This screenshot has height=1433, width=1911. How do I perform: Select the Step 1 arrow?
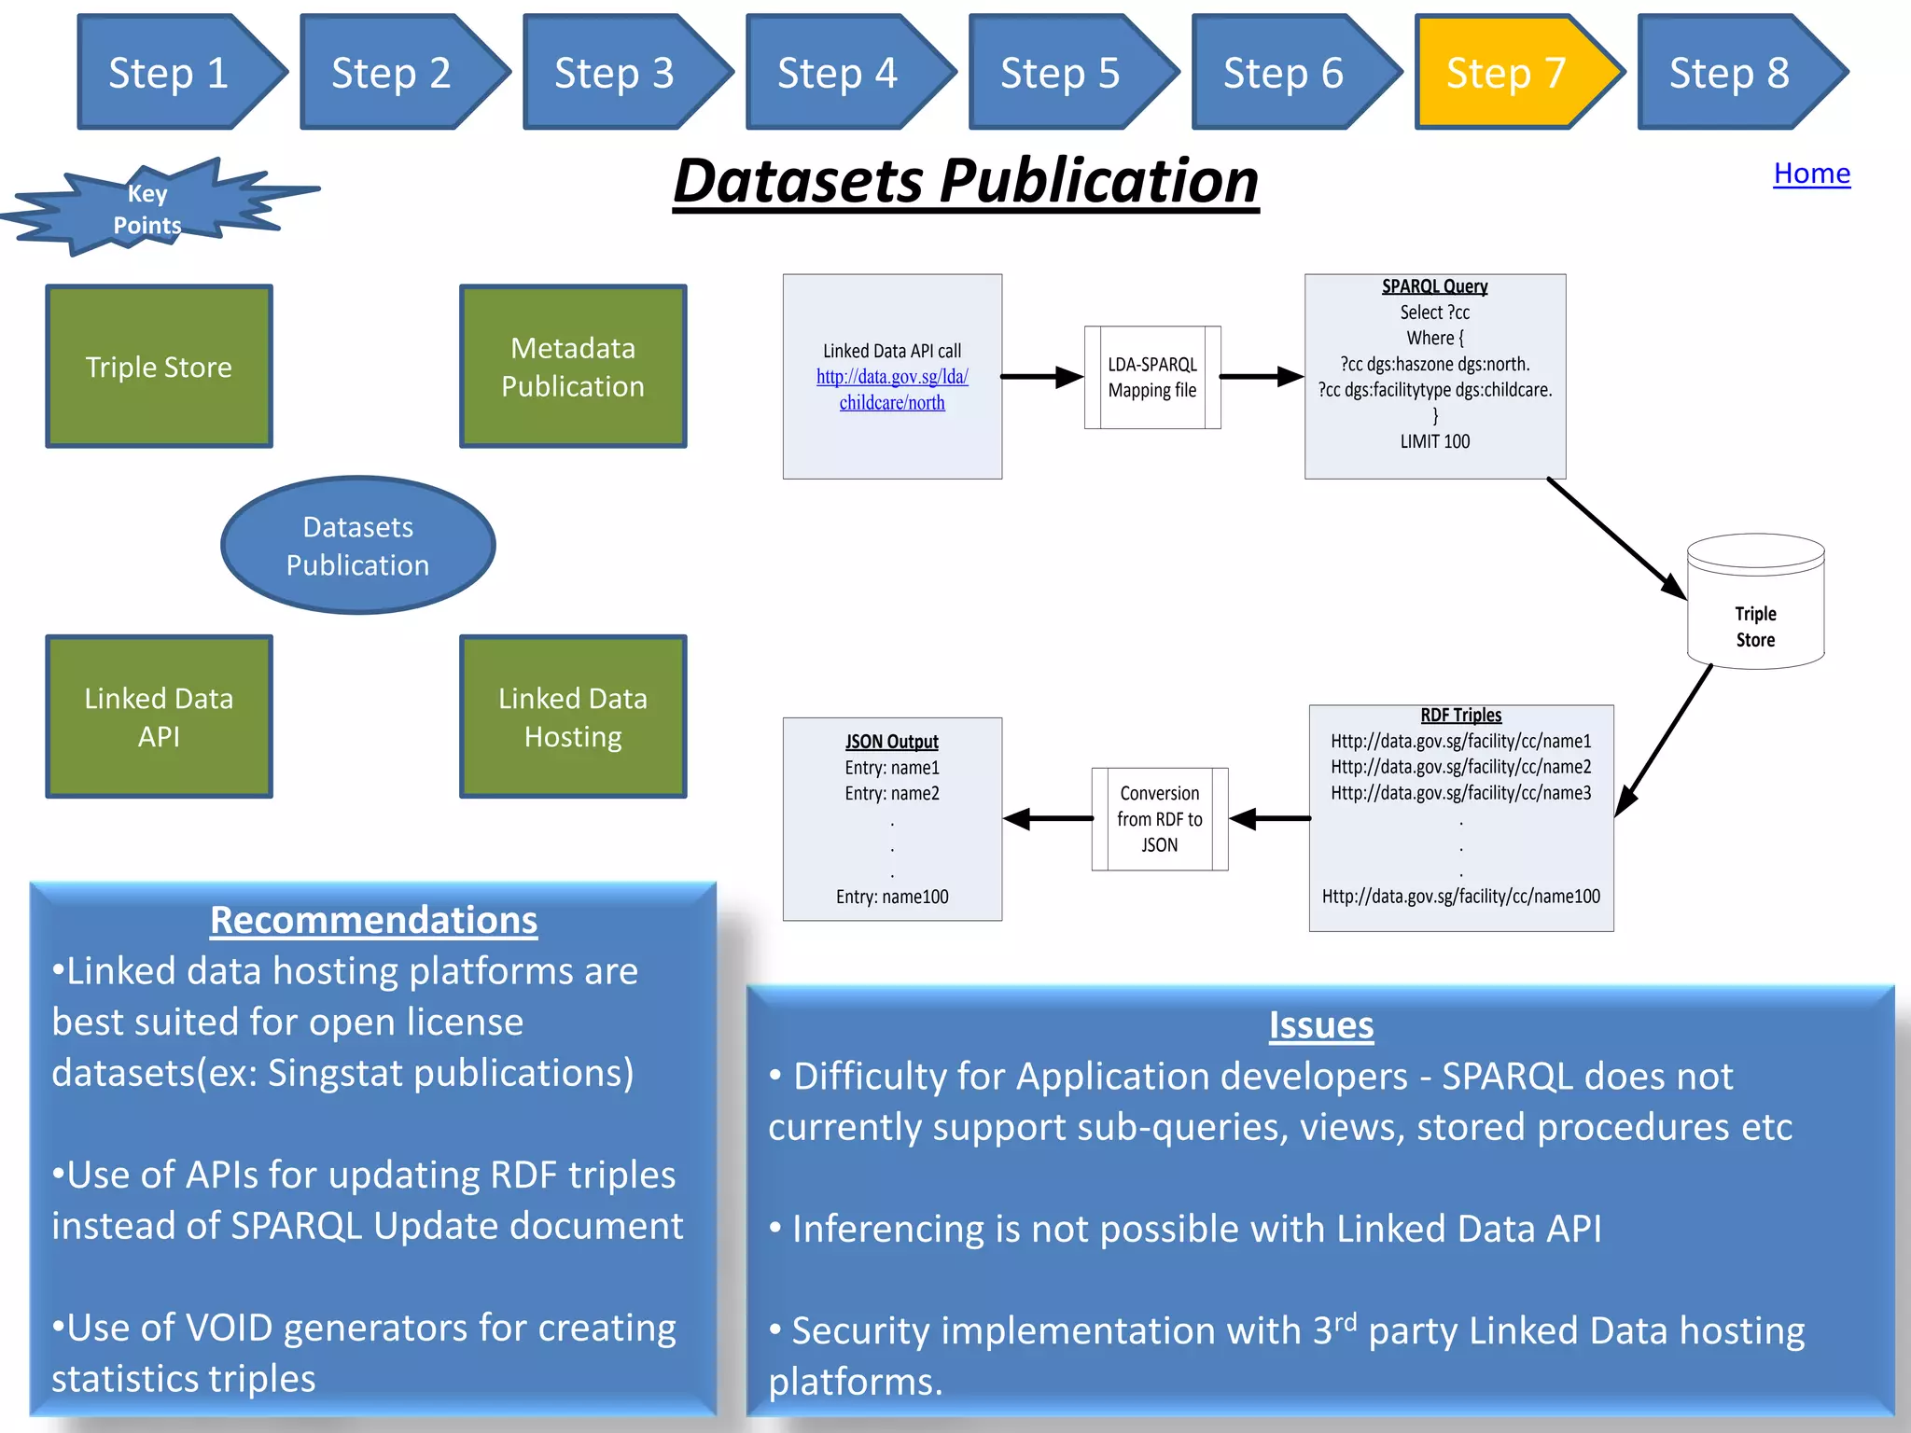click(170, 73)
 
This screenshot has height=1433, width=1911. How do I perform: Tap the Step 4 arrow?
click(838, 73)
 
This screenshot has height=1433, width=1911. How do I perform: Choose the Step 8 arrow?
click(1730, 73)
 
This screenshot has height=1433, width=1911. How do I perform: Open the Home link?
click(1811, 174)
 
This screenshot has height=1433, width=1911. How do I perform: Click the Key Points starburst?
click(147, 209)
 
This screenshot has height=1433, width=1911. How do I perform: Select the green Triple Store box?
click(159, 367)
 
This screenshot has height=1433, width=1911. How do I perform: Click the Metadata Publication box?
click(573, 367)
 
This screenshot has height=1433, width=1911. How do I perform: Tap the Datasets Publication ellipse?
click(357, 546)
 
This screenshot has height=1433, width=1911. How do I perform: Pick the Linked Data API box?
click(159, 716)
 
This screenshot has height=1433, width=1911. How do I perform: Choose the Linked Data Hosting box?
click(573, 716)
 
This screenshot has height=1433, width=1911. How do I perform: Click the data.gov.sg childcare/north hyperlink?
click(892, 390)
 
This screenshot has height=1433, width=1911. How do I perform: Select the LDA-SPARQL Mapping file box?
click(1152, 377)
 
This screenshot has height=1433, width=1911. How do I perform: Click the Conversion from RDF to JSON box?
click(1159, 819)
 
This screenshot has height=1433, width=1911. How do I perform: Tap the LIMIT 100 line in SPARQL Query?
click(1434, 441)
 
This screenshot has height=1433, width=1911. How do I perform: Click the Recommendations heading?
click(373, 920)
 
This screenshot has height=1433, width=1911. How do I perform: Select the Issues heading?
click(1320, 1025)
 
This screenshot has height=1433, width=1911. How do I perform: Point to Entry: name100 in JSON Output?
click(892, 897)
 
